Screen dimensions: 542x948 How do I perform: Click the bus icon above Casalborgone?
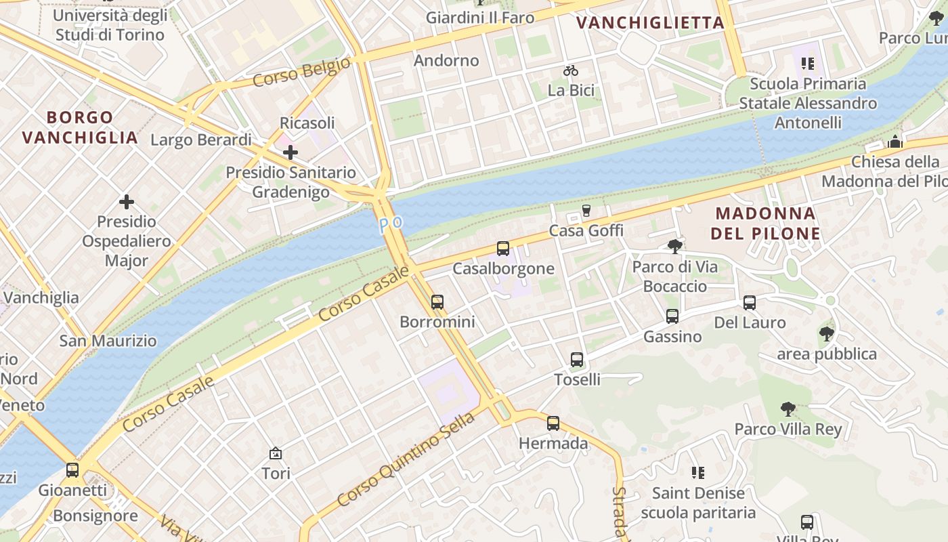click(502, 249)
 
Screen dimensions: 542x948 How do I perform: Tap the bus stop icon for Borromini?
click(437, 301)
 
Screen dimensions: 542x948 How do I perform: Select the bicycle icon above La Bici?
click(571, 70)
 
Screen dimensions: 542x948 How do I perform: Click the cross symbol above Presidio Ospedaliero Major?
click(126, 202)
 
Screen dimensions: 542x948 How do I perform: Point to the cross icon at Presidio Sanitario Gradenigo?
click(290, 152)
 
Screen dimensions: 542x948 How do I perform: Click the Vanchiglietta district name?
click(650, 23)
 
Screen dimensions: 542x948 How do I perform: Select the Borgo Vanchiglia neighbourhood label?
click(80, 127)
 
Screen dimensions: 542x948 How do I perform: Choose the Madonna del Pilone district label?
click(767, 224)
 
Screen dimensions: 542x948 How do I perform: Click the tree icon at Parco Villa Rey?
click(788, 409)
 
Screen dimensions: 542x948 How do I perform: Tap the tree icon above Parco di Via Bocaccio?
click(674, 246)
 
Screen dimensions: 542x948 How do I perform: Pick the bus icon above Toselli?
click(577, 360)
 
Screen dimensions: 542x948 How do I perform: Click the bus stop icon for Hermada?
click(553, 424)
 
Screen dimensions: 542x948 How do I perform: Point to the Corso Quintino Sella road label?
click(406, 459)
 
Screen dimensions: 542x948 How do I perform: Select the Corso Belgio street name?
click(302, 72)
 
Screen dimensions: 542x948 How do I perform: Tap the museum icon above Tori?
click(276, 453)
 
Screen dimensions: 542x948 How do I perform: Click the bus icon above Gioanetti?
click(72, 470)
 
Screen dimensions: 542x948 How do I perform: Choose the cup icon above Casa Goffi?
click(586, 211)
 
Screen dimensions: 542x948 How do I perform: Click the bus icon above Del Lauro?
click(750, 303)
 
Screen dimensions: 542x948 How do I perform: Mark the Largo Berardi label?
click(200, 140)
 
